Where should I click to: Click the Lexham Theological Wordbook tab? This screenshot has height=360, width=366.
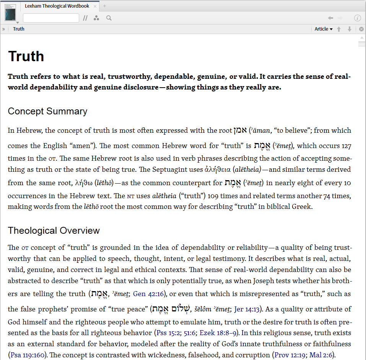57,6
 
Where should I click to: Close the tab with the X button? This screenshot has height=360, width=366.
95,6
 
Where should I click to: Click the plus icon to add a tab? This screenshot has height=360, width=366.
105,6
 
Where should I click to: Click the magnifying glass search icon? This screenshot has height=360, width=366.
109,18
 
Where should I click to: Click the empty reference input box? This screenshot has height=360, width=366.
51,18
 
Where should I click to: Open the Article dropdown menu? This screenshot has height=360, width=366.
323,29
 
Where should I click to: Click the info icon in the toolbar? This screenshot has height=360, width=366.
357,18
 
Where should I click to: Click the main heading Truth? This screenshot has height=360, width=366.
26,56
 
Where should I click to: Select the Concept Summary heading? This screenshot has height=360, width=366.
47,111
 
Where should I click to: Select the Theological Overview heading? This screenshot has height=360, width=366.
54,231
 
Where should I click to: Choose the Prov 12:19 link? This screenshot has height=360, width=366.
290,355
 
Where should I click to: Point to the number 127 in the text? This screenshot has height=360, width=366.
346,146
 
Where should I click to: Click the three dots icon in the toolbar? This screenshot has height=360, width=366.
96,18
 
